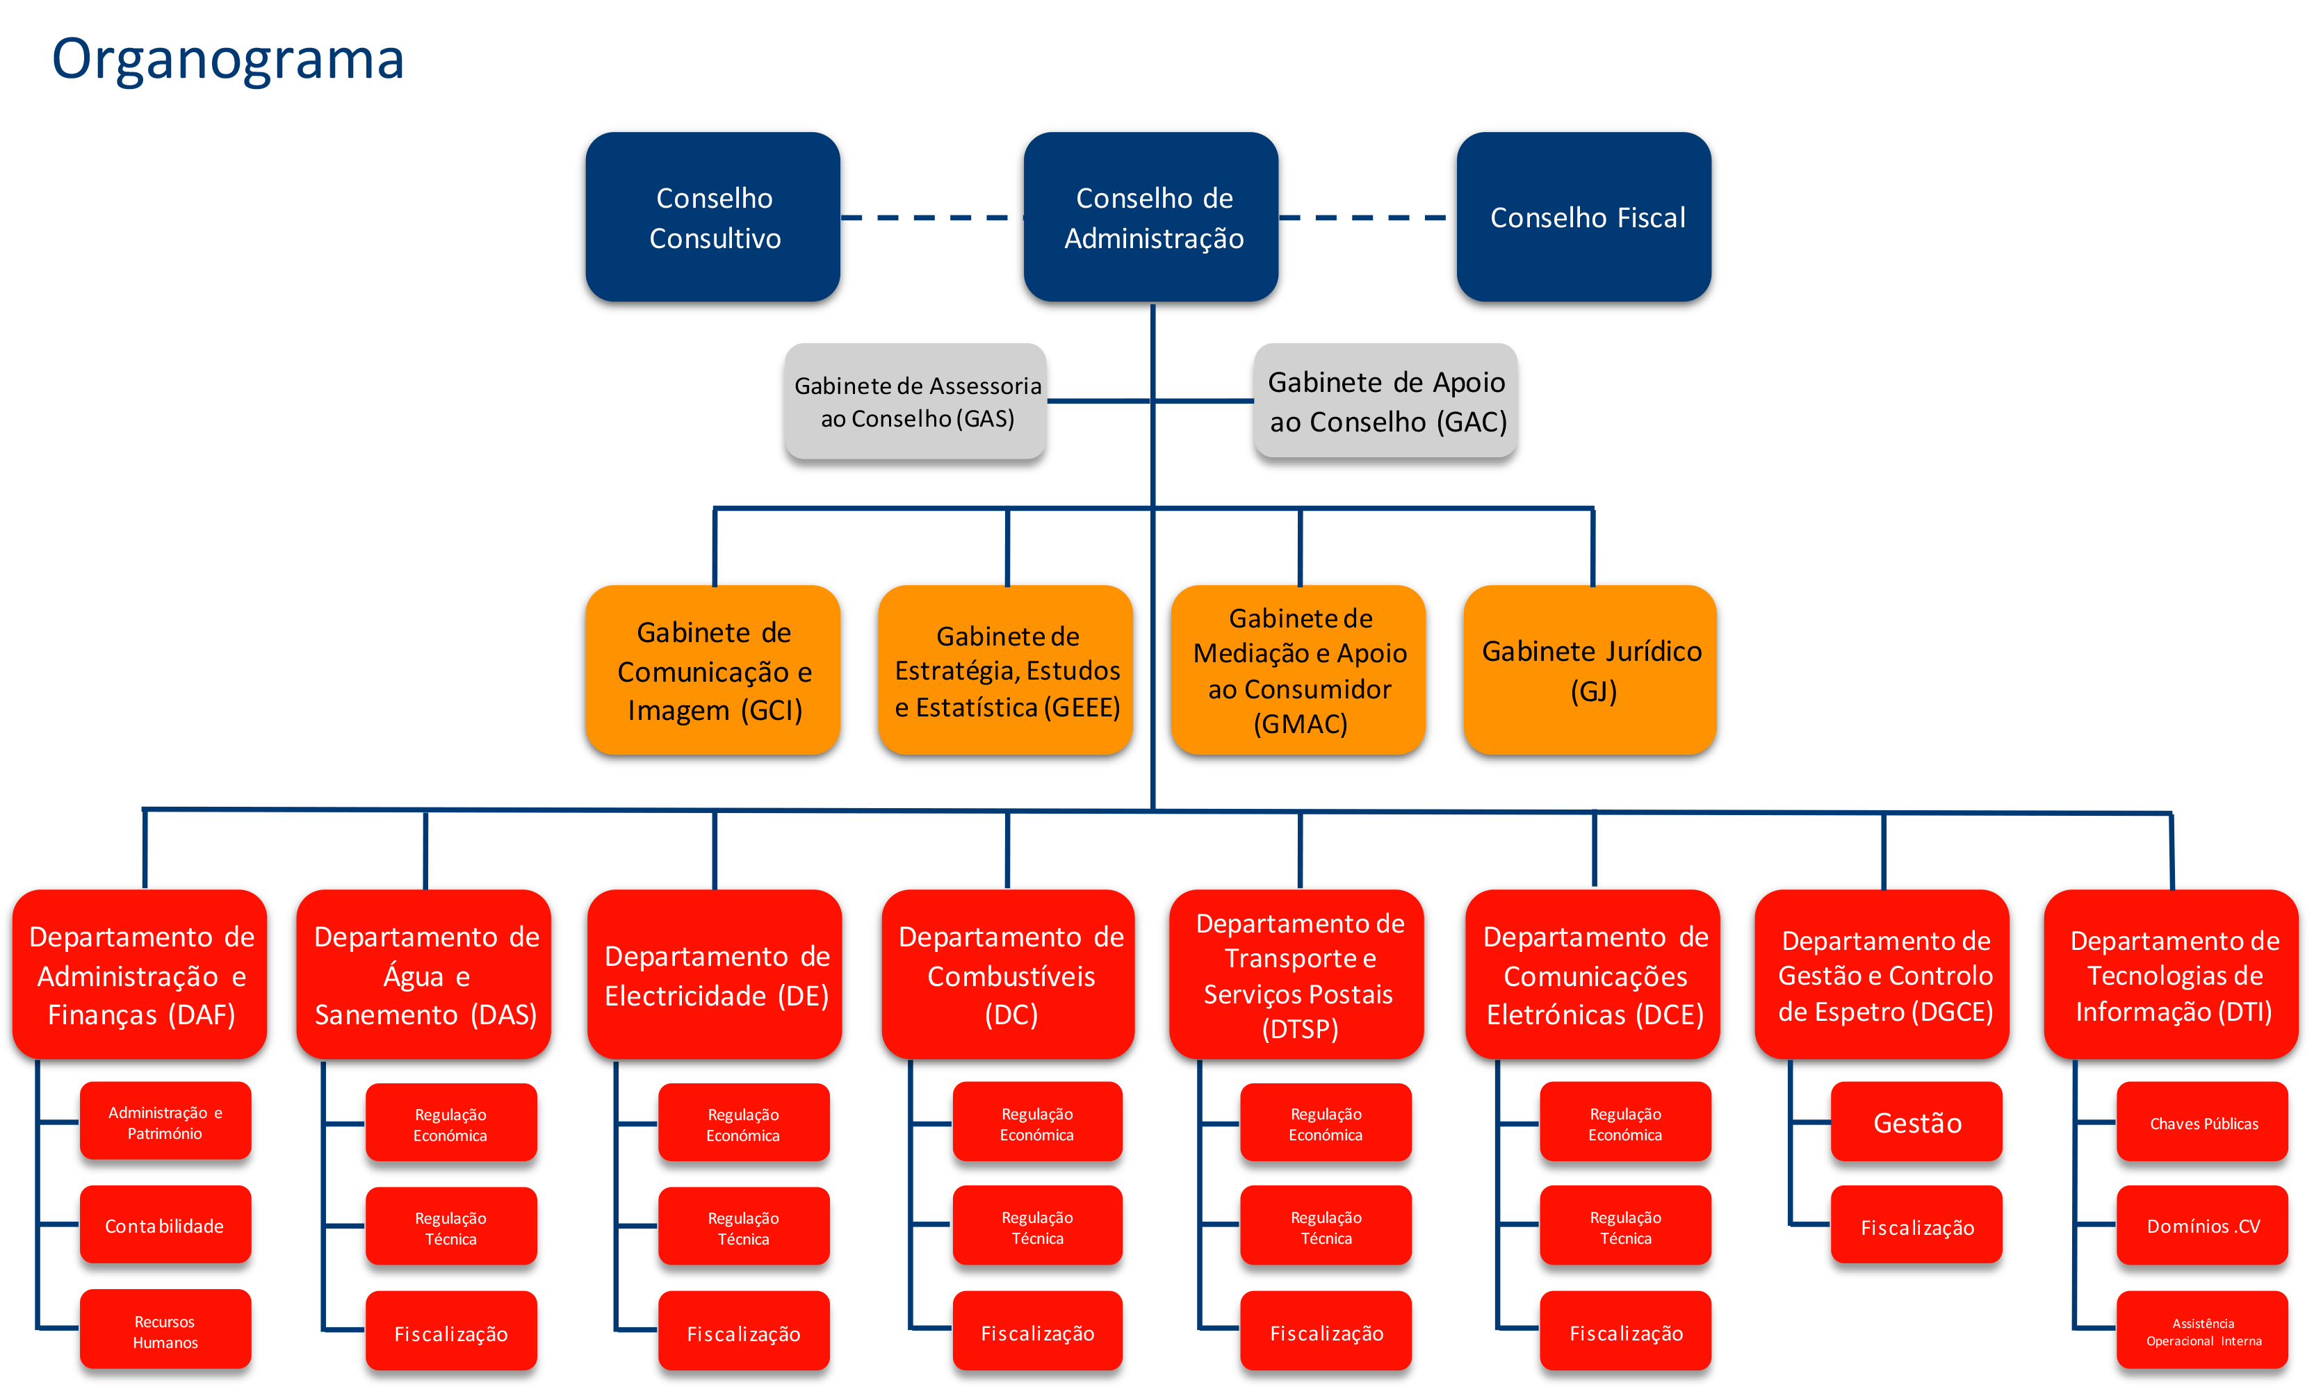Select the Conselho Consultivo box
[712, 217]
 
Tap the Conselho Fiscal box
[1584, 217]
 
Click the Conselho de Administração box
[1151, 217]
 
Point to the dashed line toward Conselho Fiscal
[1364, 218]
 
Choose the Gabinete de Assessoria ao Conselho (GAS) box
[915, 401]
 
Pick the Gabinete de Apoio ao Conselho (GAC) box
[1385, 401]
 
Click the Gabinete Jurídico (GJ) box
[1590, 670]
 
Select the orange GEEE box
[1006, 670]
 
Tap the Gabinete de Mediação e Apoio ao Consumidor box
[1298, 670]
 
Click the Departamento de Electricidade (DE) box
[715, 974]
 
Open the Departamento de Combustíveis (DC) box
[1009, 974]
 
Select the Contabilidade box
[165, 1224]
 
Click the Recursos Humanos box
[165, 1329]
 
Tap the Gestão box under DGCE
[1916, 1122]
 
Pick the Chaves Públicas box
[2203, 1122]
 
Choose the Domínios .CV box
[2203, 1225]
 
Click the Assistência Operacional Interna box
[2203, 1330]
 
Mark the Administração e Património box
[165, 1121]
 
